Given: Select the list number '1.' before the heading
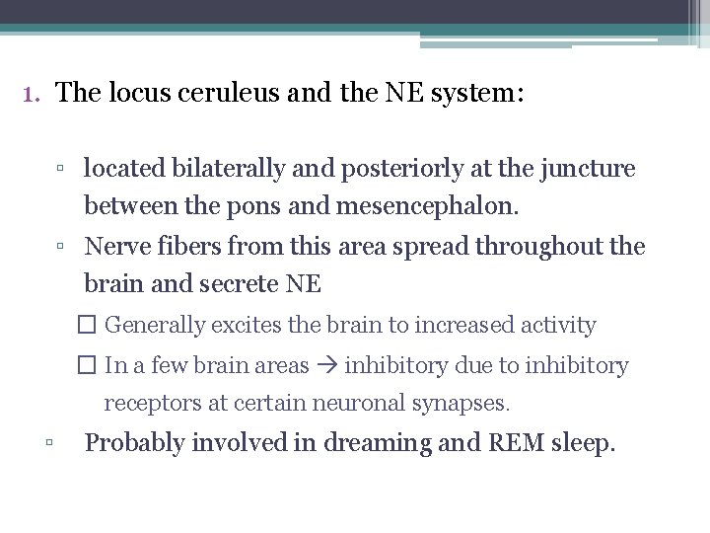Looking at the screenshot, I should coord(31,95).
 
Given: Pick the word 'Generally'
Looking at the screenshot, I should coord(154,325).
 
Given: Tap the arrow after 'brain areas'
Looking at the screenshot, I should coord(325,365).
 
